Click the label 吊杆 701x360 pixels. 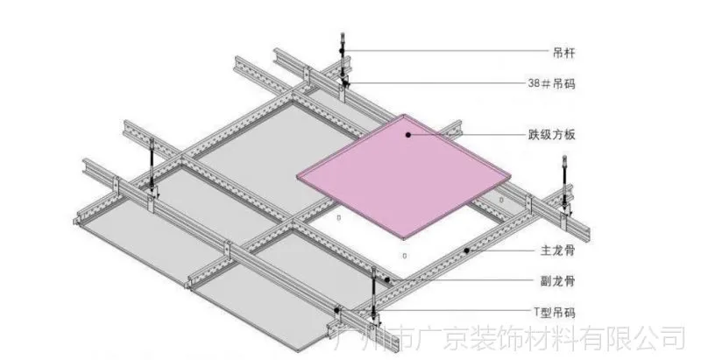coord(563,53)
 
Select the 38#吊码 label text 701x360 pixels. coord(551,83)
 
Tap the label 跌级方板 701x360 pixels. coord(552,134)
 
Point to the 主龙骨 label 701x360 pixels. coord(557,251)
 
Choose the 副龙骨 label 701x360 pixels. coord(557,281)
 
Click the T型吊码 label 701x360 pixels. coord(555,312)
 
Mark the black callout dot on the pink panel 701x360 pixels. coord(407,134)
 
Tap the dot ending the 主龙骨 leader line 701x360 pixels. coord(466,251)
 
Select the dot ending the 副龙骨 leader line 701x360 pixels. coord(387,280)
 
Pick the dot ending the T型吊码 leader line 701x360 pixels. coord(336,310)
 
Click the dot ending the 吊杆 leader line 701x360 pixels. coord(342,52)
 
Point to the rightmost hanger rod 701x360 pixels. coord(564,182)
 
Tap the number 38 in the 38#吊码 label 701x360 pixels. coord(534,83)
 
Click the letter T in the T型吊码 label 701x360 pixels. coord(537,312)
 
